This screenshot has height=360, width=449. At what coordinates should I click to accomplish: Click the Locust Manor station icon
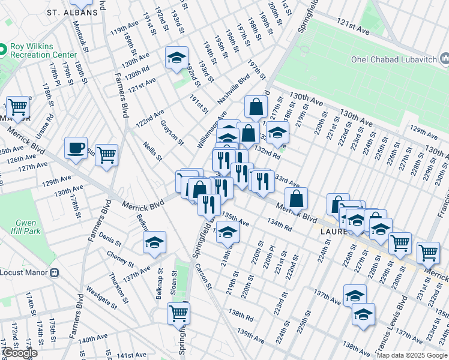pyautogui.click(x=54, y=272)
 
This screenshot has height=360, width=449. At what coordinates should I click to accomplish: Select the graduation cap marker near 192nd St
pyautogui.click(x=176, y=58)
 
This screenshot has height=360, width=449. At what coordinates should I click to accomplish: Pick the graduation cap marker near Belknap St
pyautogui.click(x=154, y=242)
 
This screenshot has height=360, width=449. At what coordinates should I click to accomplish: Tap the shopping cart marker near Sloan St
pyautogui.click(x=178, y=313)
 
